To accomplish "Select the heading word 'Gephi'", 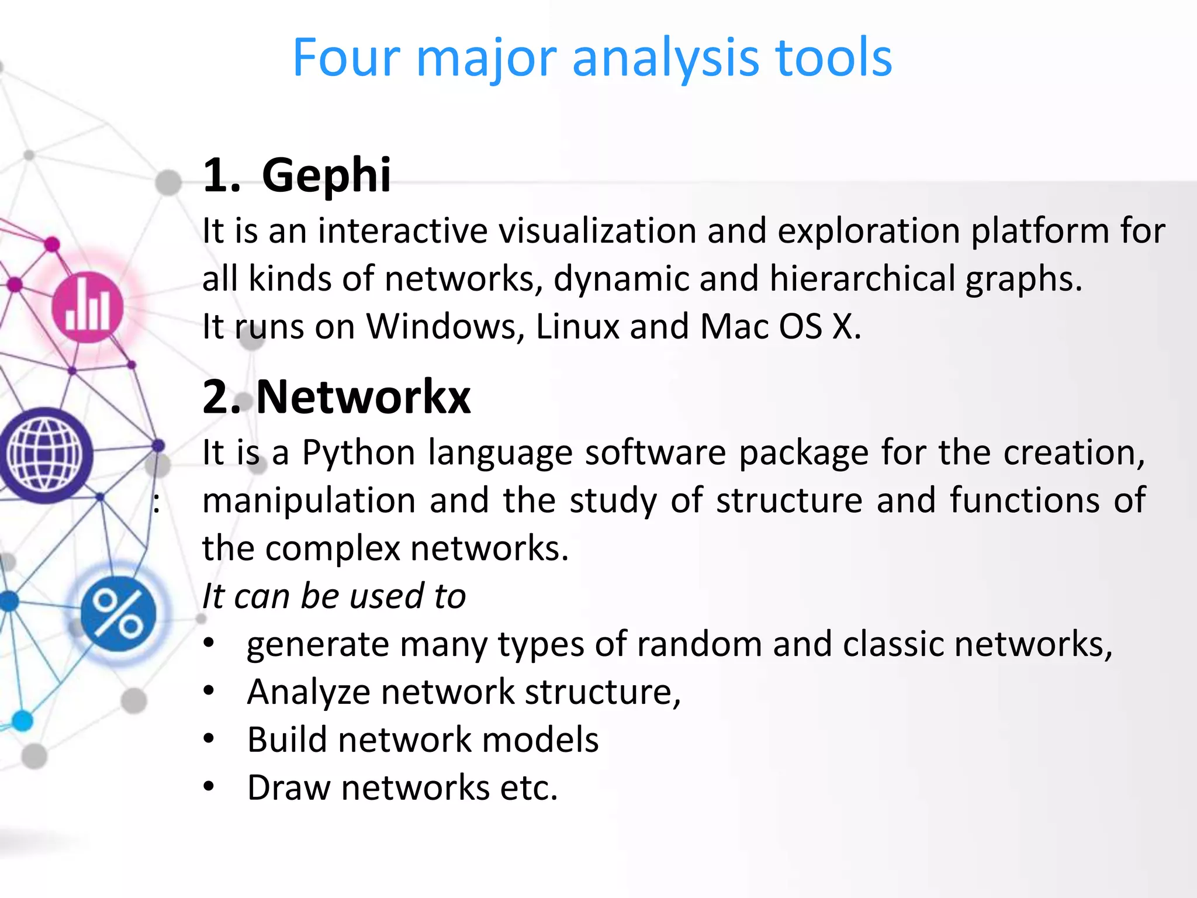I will click(326, 175).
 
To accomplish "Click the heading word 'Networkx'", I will click(363, 397).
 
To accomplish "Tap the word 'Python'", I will click(358, 453).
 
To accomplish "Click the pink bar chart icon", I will click(88, 308).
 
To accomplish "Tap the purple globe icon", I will click(45, 455).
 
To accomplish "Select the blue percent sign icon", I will click(119, 613).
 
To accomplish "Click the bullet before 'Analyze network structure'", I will click(209, 692).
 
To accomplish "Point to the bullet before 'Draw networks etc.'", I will click(209, 787).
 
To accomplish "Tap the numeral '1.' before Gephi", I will click(222, 175).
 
